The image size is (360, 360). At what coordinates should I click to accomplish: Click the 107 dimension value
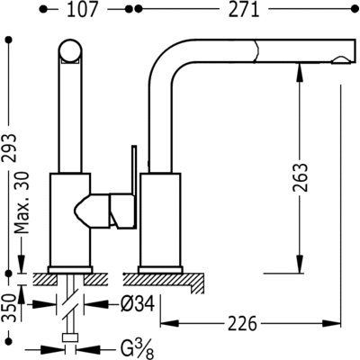(82, 10)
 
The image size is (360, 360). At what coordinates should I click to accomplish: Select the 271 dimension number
(244, 10)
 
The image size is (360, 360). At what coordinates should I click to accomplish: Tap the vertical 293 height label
(10, 148)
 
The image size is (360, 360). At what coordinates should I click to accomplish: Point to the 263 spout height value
(300, 177)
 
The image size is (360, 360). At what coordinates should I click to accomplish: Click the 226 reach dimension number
(242, 323)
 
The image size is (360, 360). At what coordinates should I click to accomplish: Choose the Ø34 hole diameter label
(138, 304)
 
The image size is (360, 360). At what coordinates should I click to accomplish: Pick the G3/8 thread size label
(138, 348)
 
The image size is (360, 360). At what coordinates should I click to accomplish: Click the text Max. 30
(22, 202)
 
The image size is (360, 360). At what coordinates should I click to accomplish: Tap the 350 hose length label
(9, 309)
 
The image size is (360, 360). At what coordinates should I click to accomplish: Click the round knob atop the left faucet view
(70, 50)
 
